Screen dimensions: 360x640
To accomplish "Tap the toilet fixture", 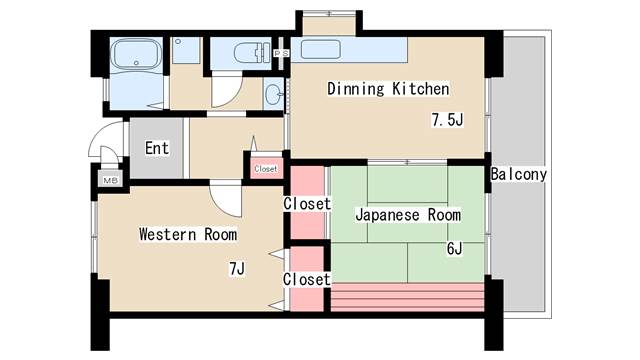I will click(x=246, y=52).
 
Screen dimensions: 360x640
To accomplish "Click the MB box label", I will click(x=109, y=180).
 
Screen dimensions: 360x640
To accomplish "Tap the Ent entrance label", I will click(x=156, y=149).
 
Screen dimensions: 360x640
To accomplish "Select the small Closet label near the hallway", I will click(x=266, y=169).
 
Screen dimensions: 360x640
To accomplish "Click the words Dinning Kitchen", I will click(x=388, y=89).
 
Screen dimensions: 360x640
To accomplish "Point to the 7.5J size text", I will click(x=447, y=120).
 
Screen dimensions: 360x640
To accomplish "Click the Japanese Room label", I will click(x=408, y=215).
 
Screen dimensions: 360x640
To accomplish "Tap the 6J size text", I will click(x=453, y=248).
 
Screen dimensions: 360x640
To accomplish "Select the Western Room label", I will click(x=188, y=235).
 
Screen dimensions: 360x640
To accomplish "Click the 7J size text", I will click(x=237, y=268).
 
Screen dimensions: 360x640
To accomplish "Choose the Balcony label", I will click(x=518, y=175).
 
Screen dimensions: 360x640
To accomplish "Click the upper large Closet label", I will click(x=307, y=204).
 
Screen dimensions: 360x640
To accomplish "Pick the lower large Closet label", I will click(x=307, y=280).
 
